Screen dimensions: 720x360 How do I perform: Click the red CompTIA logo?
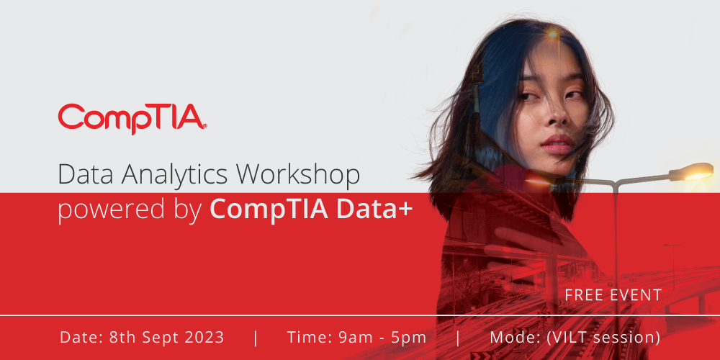click(132, 119)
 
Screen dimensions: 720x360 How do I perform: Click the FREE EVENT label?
click(613, 294)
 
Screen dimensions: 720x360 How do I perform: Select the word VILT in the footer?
click(567, 338)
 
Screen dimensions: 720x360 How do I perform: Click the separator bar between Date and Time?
click(256, 338)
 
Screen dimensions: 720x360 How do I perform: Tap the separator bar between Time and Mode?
click(458, 338)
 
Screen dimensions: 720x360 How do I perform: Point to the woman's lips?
click(557, 144)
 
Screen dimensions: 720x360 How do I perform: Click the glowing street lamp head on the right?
click(690, 172)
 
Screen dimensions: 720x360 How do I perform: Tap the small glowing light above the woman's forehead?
click(552, 34)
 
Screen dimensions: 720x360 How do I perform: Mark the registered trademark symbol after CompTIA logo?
click(204, 125)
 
